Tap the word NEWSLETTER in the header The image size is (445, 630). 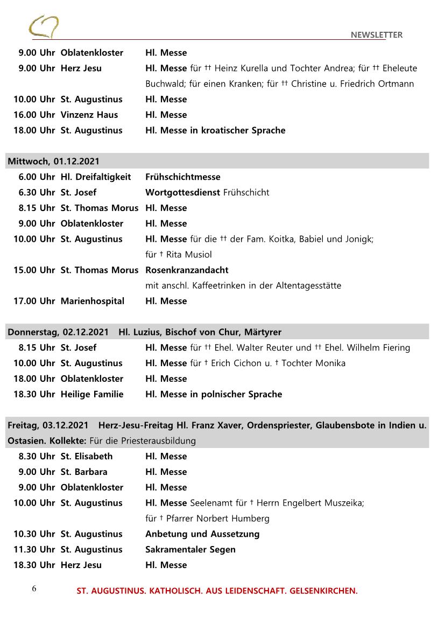[376, 35]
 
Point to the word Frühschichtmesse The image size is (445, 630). [182, 177]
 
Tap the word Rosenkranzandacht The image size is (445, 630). [187, 270]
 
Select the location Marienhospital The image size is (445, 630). [92, 301]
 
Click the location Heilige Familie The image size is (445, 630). [92, 394]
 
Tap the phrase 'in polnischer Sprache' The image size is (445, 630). [236, 394]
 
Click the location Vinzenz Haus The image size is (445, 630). [89, 115]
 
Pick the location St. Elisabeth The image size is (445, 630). [87, 456]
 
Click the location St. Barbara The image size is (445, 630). [84, 472]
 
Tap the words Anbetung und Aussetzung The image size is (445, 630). [202, 534]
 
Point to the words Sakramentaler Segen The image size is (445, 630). [190, 549]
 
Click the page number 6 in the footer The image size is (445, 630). [34, 589]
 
